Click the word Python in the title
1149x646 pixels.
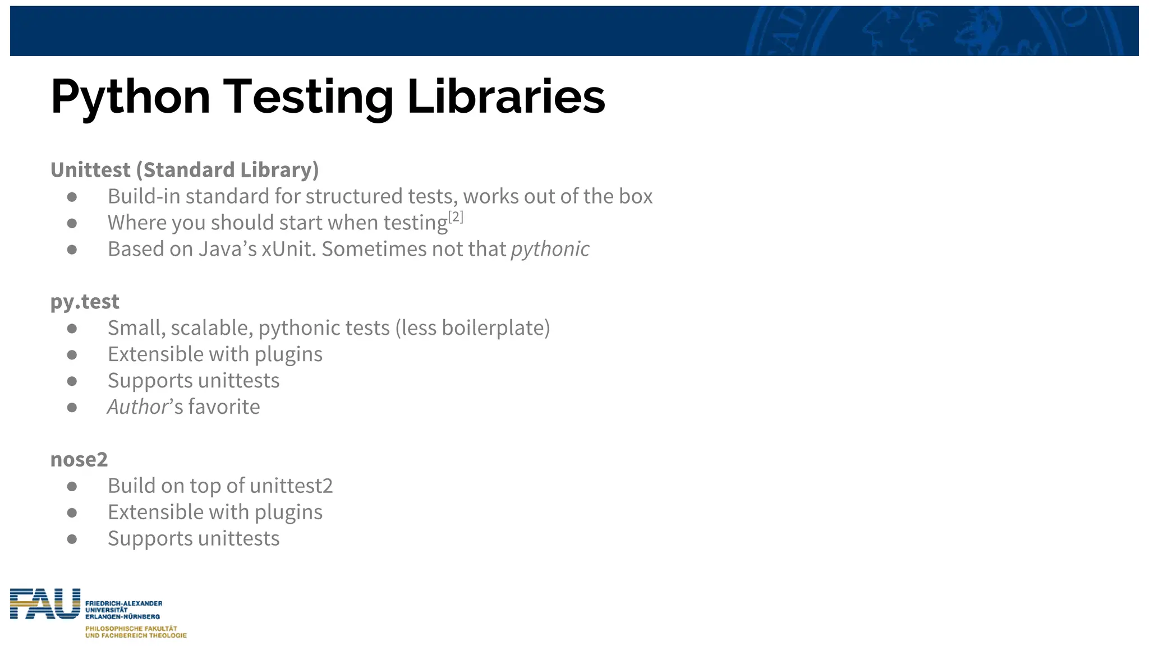click(x=130, y=97)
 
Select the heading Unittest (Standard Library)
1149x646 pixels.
click(x=185, y=170)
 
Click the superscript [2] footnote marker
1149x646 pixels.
click(x=456, y=216)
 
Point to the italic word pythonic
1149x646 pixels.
click(x=550, y=249)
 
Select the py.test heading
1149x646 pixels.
click(x=85, y=302)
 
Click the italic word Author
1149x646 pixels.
click(x=137, y=407)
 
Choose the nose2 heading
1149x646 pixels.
click(x=79, y=459)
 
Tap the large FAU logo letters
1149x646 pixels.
click(x=45, y=604)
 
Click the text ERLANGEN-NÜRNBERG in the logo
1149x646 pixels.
click(x=122, y=616)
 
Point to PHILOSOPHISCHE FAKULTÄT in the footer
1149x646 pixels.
click(x=131, y=629)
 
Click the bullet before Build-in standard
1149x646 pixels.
click(x=72, y=197)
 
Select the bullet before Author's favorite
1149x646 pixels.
click(x=72, y=408)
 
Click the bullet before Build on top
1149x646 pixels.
click(x=72, y=486)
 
